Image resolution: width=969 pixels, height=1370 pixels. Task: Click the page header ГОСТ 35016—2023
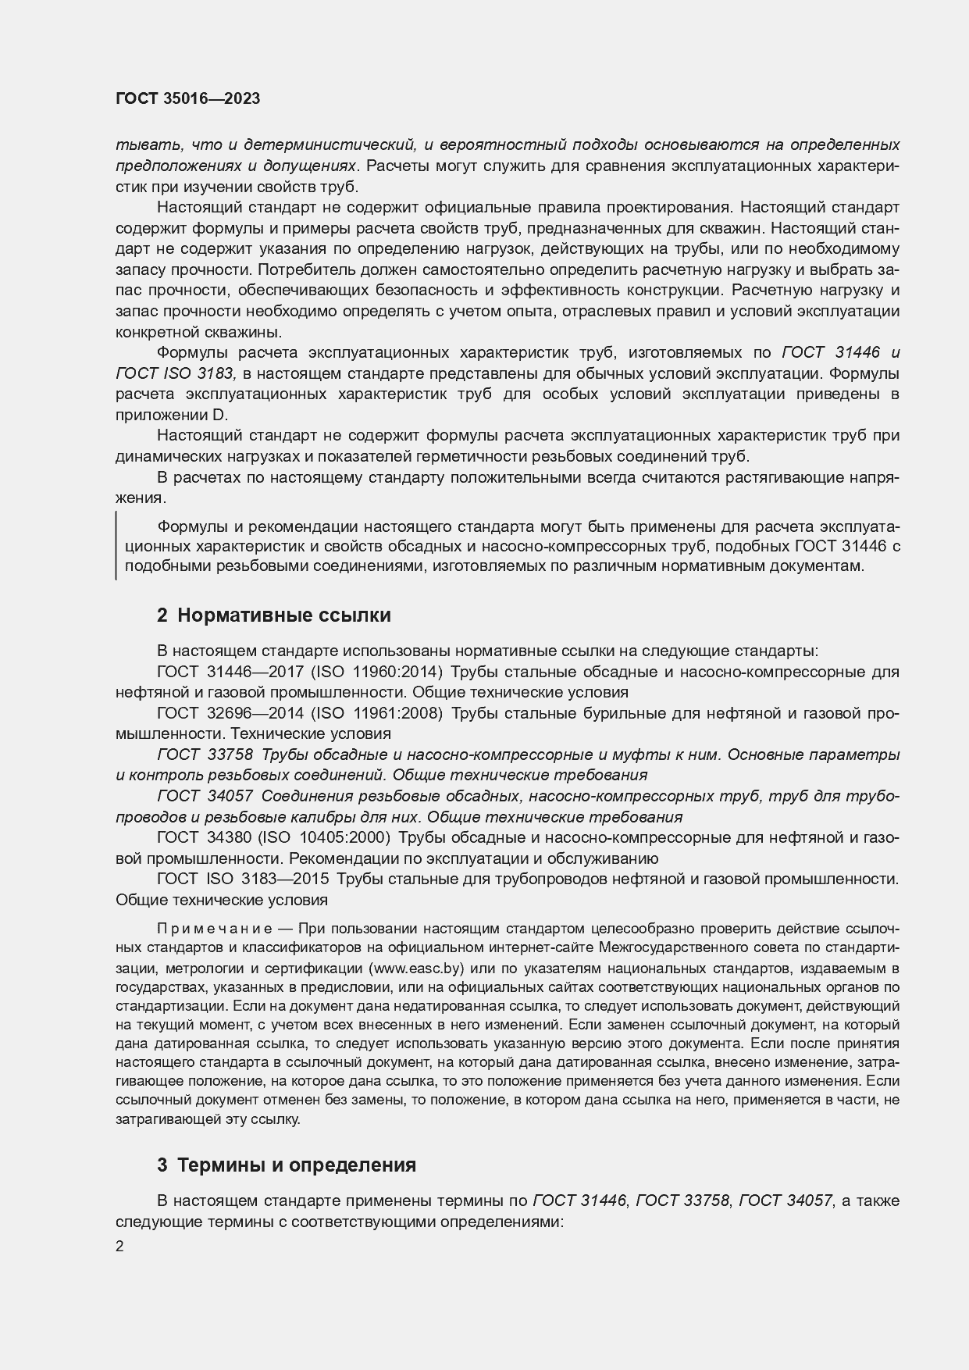(x=187, y=98)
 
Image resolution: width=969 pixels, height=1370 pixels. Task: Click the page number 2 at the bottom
(x=119, y=1247)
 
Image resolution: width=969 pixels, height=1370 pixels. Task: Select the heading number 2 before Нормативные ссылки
(x=162, y=615)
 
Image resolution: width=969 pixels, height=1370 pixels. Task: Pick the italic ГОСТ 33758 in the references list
(x=205, y=755)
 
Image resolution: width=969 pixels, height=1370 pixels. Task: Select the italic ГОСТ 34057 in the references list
(x=205, y=796)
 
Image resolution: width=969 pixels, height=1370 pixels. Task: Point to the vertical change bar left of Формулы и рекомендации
(x=116, y=544)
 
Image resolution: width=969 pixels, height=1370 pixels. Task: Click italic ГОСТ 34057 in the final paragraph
(x=784, y=1201)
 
